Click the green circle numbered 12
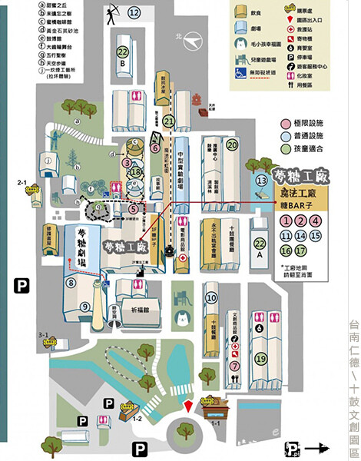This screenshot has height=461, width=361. tap(134, 12)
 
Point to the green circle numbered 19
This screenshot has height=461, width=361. tap(240, 358)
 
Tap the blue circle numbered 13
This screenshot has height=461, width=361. tap(259, 177)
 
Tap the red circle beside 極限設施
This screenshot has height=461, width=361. tap(277, 144)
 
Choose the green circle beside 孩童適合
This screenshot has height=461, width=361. tap(277, 169)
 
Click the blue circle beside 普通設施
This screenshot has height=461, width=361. tap(277, 157)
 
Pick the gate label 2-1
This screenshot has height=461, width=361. tap(22, 181)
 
